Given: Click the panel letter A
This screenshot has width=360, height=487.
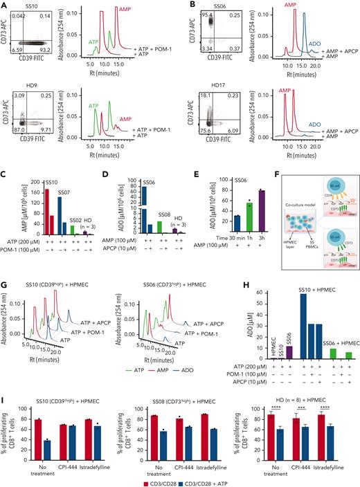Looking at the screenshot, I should pyautogui.click(x=5, y=5).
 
